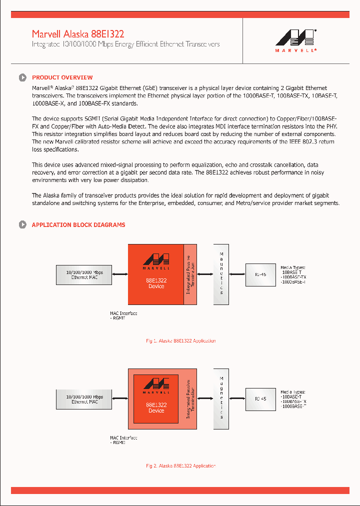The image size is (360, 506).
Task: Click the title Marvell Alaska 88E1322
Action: pos(78,34)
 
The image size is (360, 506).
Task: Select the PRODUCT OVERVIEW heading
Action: pos(62,77)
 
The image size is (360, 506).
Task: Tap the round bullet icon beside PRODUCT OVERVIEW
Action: pos(22,77)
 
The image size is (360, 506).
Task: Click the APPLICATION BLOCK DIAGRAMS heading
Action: pos(78,225)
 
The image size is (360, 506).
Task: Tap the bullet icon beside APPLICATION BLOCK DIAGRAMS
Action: pos(22,225)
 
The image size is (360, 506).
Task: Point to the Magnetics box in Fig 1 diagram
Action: pos(221,273)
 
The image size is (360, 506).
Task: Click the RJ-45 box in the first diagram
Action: pos(260,274)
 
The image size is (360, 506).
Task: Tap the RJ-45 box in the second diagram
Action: pos(260,399)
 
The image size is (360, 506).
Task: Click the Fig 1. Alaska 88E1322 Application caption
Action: pos(180,341)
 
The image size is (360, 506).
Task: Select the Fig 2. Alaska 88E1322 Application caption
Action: pos(180,466)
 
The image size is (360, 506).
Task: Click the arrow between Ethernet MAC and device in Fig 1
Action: pos(120,274)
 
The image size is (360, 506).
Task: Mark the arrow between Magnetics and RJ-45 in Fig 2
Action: pos(237,398)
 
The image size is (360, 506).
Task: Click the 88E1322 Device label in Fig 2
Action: pos(156,407)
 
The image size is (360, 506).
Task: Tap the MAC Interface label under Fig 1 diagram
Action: pos(123,314)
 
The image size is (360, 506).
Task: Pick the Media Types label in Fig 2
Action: pos(292,392)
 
